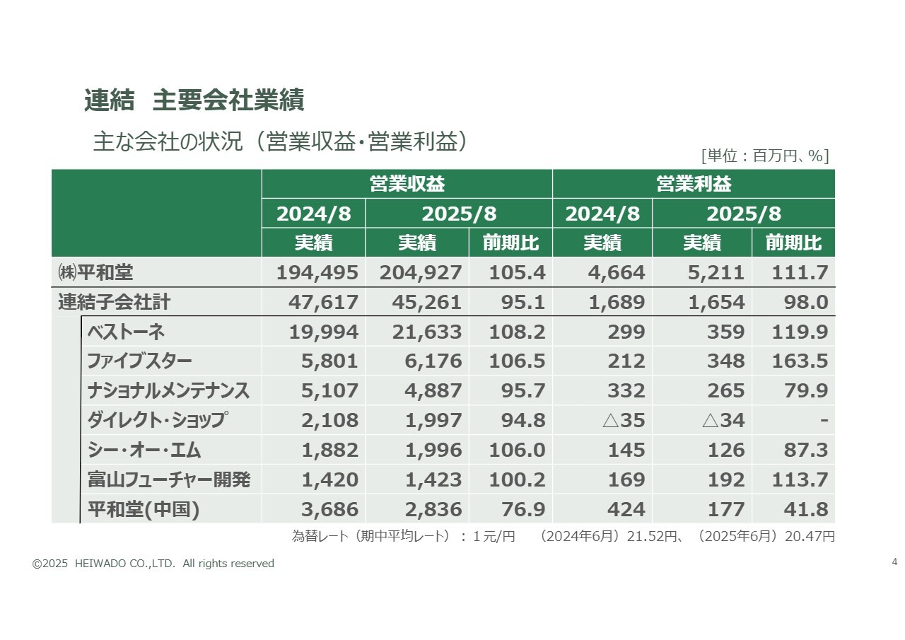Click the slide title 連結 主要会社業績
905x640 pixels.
194,100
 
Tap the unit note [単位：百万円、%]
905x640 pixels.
764,156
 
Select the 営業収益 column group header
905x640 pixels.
407,184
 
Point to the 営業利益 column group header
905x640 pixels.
693,184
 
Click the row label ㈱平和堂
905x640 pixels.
97,272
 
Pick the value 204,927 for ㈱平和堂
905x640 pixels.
421,272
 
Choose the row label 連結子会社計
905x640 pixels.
114,303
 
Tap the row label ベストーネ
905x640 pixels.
126,332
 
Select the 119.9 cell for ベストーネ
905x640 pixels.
800,332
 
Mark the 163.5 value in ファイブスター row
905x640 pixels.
800,361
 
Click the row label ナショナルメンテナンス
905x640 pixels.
168,391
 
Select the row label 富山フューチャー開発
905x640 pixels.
168,480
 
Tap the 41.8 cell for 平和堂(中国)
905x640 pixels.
805,510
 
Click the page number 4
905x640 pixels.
894,562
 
